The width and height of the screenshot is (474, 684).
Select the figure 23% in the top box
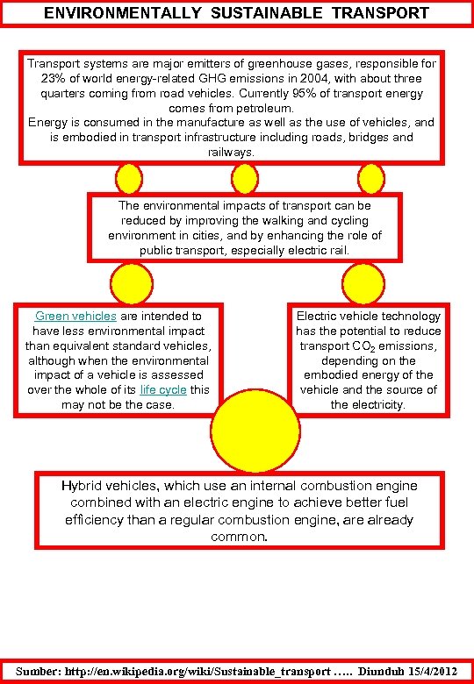point(54,78)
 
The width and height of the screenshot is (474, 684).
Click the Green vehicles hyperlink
point(75,316)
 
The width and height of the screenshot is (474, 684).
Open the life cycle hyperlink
point(163,389)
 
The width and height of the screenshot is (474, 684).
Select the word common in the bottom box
point(238,536)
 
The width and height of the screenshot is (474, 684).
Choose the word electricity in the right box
point(379,404)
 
